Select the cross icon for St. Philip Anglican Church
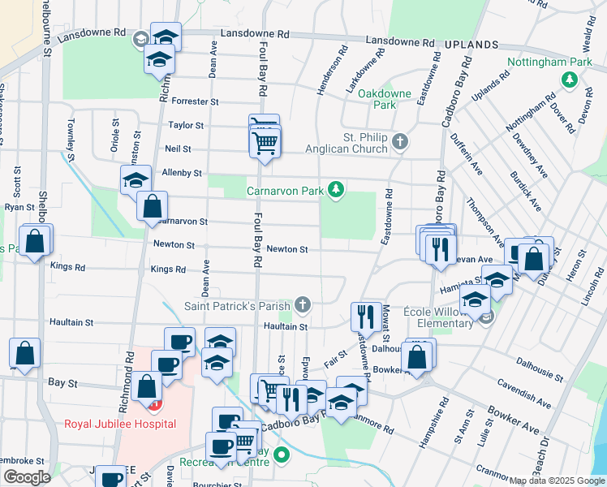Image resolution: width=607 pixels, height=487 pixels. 398,142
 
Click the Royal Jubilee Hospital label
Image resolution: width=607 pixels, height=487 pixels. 120,424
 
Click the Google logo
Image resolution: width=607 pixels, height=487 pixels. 26,477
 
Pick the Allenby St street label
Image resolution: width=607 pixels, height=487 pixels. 181,173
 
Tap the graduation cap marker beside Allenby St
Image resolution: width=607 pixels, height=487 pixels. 136,180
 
